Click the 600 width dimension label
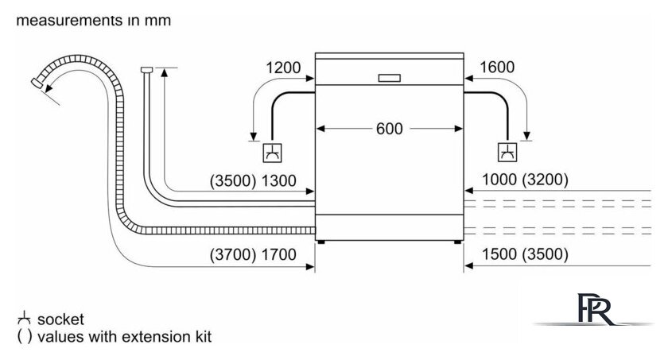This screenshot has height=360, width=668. pyautogui.click(x=390, y=129)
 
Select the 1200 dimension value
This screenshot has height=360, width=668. pyautogui.click(x=283, y=68)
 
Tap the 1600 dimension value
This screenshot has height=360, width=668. pyautogui.click(x=497, y=67)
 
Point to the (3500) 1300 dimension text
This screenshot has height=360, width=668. pyautogui.click(x=253, y=180)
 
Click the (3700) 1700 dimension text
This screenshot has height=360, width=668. pyautogui.click(x=253, y=254)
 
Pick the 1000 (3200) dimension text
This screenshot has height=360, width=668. pyautogui.click(x=525, y=179)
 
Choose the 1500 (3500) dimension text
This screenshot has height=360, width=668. pyautogui.click(x=525, y=254)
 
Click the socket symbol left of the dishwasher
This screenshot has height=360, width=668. pyautogui.click(x=272, y=153)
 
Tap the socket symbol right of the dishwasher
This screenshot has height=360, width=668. pyautogui.click(x=507, y=152)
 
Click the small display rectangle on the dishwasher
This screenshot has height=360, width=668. pyautogui.click(x=390, y=78)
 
